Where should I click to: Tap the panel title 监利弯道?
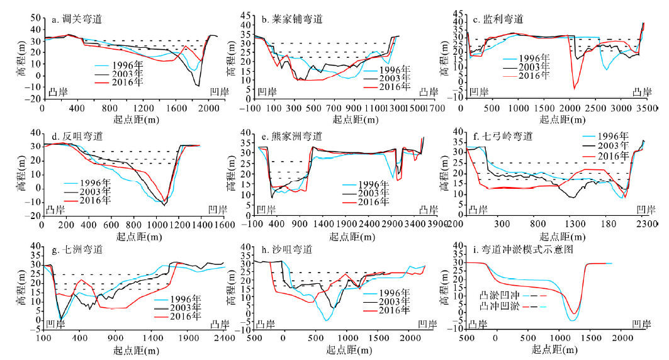point(507,19)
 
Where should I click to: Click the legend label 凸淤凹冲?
point(496,294)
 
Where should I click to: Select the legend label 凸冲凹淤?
point(496,305)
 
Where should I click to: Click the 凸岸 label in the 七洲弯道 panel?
point(216,325)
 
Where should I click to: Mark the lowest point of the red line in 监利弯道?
point(573,89)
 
